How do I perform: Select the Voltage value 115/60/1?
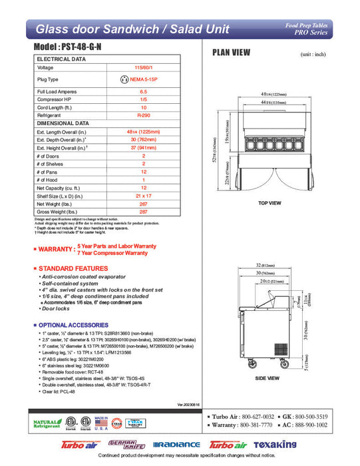(x=143, y=67)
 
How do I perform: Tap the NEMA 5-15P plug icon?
(x=122, y=79)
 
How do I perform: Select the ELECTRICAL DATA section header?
(x=61, y=59)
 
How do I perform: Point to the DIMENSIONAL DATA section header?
(x=63, y=123)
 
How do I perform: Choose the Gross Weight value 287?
(x=143, y=211)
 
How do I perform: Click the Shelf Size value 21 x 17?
(x=143, y=195)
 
